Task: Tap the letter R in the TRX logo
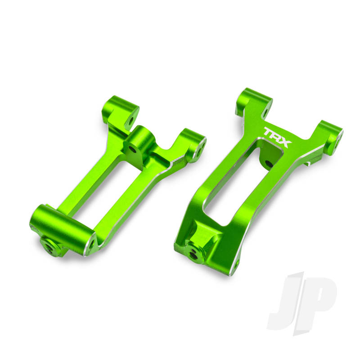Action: [x=278, y=136]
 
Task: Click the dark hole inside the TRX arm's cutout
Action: [x=269, y=163]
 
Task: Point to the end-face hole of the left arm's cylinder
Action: [x=92, y=243]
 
